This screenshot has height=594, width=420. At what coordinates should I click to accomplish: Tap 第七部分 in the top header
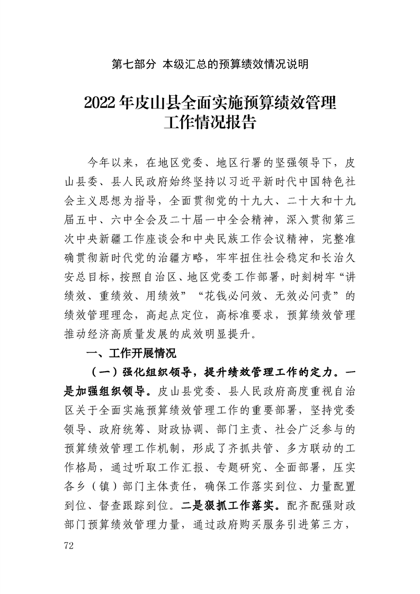click(x=134, y=65)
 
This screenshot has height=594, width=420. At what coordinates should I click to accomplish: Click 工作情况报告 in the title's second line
click(x=210, y=123)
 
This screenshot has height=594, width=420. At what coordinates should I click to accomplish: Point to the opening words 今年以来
click(x=112, y=161)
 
